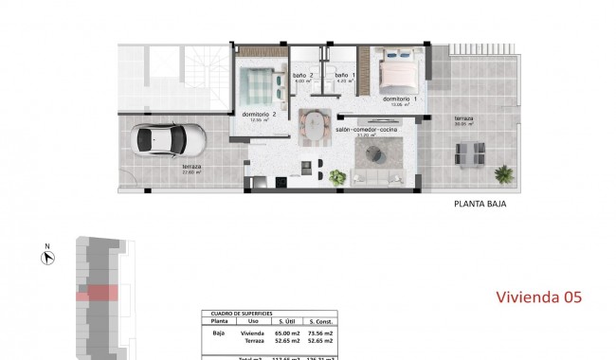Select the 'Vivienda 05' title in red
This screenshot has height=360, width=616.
(x=539, y=297)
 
